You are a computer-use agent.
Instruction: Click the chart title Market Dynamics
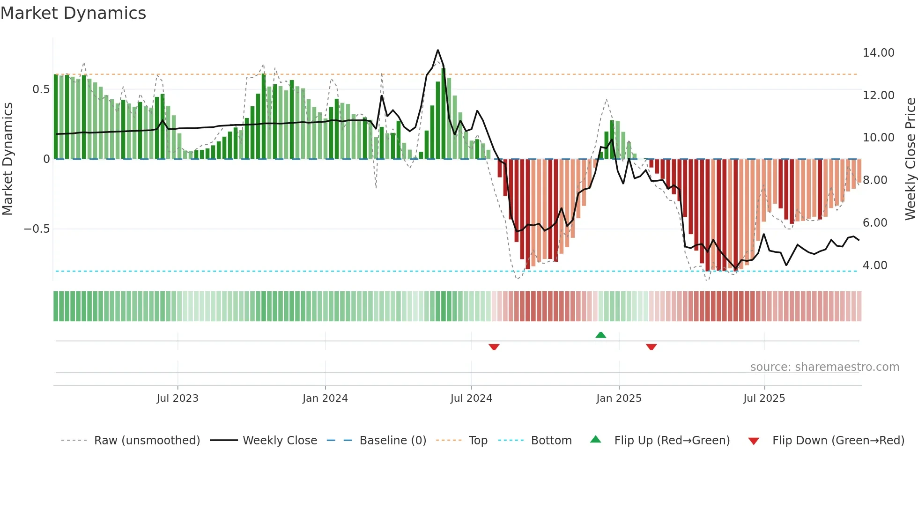coord(74,13)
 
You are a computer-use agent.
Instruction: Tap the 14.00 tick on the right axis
coord(878,53)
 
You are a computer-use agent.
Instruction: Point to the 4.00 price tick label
coord(874,265)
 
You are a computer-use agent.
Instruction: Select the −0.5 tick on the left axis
coord(37,229)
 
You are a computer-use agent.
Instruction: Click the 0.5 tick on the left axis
coord(41,89)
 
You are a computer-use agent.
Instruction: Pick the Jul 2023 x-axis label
coord(178,398)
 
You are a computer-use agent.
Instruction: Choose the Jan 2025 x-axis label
coord(619,398)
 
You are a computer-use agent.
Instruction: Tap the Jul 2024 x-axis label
coord(471,398)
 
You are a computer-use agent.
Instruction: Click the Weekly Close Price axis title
coord(910,159)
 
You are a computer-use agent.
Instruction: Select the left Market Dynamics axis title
coord(7,159)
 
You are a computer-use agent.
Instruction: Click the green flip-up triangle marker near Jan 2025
coord(600,335)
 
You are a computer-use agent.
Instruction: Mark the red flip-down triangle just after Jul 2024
coord(494,347)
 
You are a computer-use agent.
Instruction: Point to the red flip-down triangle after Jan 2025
coord(651,347)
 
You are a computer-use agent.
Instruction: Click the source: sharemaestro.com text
coord(824,367)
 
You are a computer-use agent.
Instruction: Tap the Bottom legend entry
coord(551,441)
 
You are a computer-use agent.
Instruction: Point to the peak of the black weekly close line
coord(438,50)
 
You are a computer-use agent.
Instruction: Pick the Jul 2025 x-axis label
coord(764,398)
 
